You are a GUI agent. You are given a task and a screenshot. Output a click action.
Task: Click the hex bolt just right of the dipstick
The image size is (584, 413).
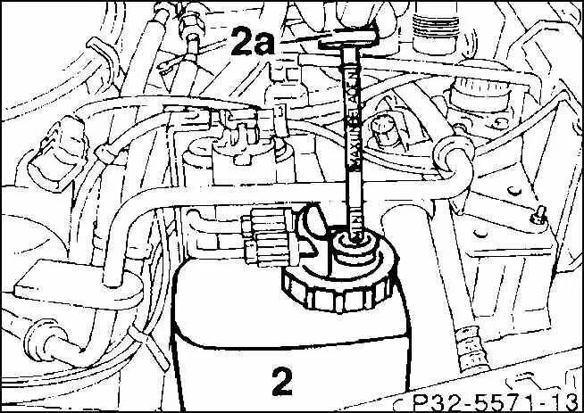click(387, 131)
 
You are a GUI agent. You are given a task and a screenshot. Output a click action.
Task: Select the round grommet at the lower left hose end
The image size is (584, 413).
click(39, 337)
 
